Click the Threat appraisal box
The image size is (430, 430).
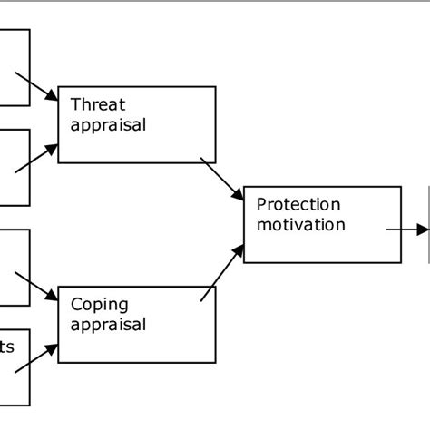click(x=136, y=124)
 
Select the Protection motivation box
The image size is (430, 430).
click(x=322, y=224)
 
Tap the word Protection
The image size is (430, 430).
click(x=298, y=205)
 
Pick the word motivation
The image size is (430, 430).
click(x=301, y=224)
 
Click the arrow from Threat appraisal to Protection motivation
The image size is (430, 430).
click(x=222, y=180)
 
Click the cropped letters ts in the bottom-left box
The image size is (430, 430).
click(x=7, y=347)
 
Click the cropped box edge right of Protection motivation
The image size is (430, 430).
click(x=428, y=224)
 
